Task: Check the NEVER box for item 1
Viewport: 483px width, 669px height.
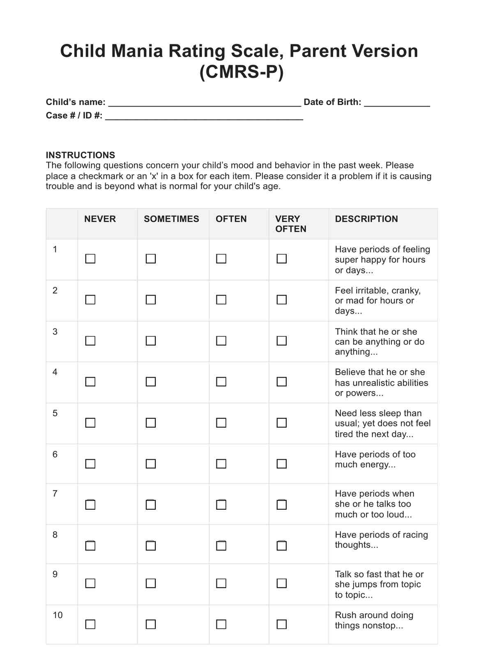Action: pos(90,259)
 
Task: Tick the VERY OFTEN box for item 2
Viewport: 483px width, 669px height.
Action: pos(282,300)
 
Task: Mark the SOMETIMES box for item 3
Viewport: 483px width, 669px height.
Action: pos(151,341)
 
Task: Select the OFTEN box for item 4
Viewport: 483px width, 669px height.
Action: pos(221,382)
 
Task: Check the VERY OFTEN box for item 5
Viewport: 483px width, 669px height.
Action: pos(282,423)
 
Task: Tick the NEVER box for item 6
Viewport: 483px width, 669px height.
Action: pos(90,464)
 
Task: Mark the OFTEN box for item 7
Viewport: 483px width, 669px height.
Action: pos(221,504)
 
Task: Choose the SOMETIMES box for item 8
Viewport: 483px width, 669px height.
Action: pos(151,545)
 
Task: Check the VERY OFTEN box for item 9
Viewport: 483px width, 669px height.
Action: pos(282,583)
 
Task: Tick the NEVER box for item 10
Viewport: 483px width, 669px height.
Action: pos(90,624)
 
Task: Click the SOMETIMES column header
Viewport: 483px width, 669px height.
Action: pos(171,219)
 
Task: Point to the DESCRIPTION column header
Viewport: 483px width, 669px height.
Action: pos(366,219)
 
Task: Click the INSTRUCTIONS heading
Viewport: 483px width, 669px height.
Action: pos(80,155)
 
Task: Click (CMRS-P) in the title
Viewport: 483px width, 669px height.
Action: pos(241,72)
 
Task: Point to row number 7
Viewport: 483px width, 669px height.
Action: pos(55,493)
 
